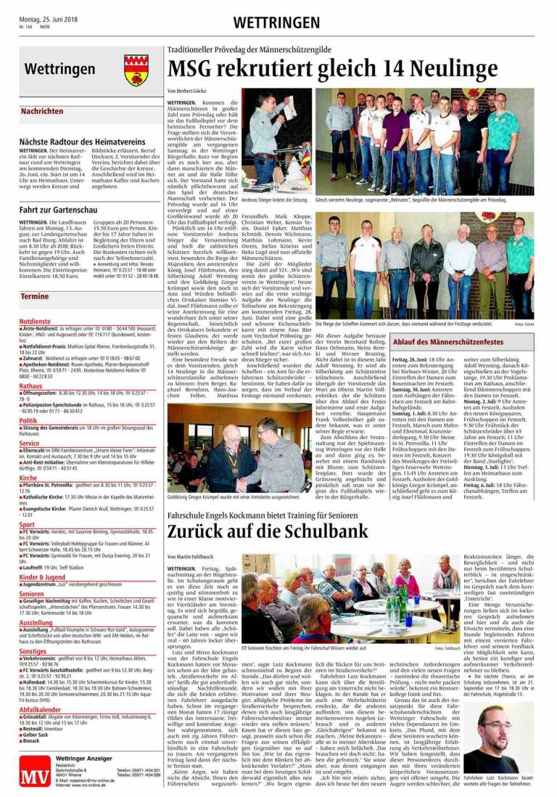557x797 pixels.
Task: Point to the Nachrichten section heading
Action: [x=41, y=112]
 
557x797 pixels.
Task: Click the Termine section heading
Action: [x=35, y=297]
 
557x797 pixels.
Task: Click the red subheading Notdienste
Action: [x=35, y=320]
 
